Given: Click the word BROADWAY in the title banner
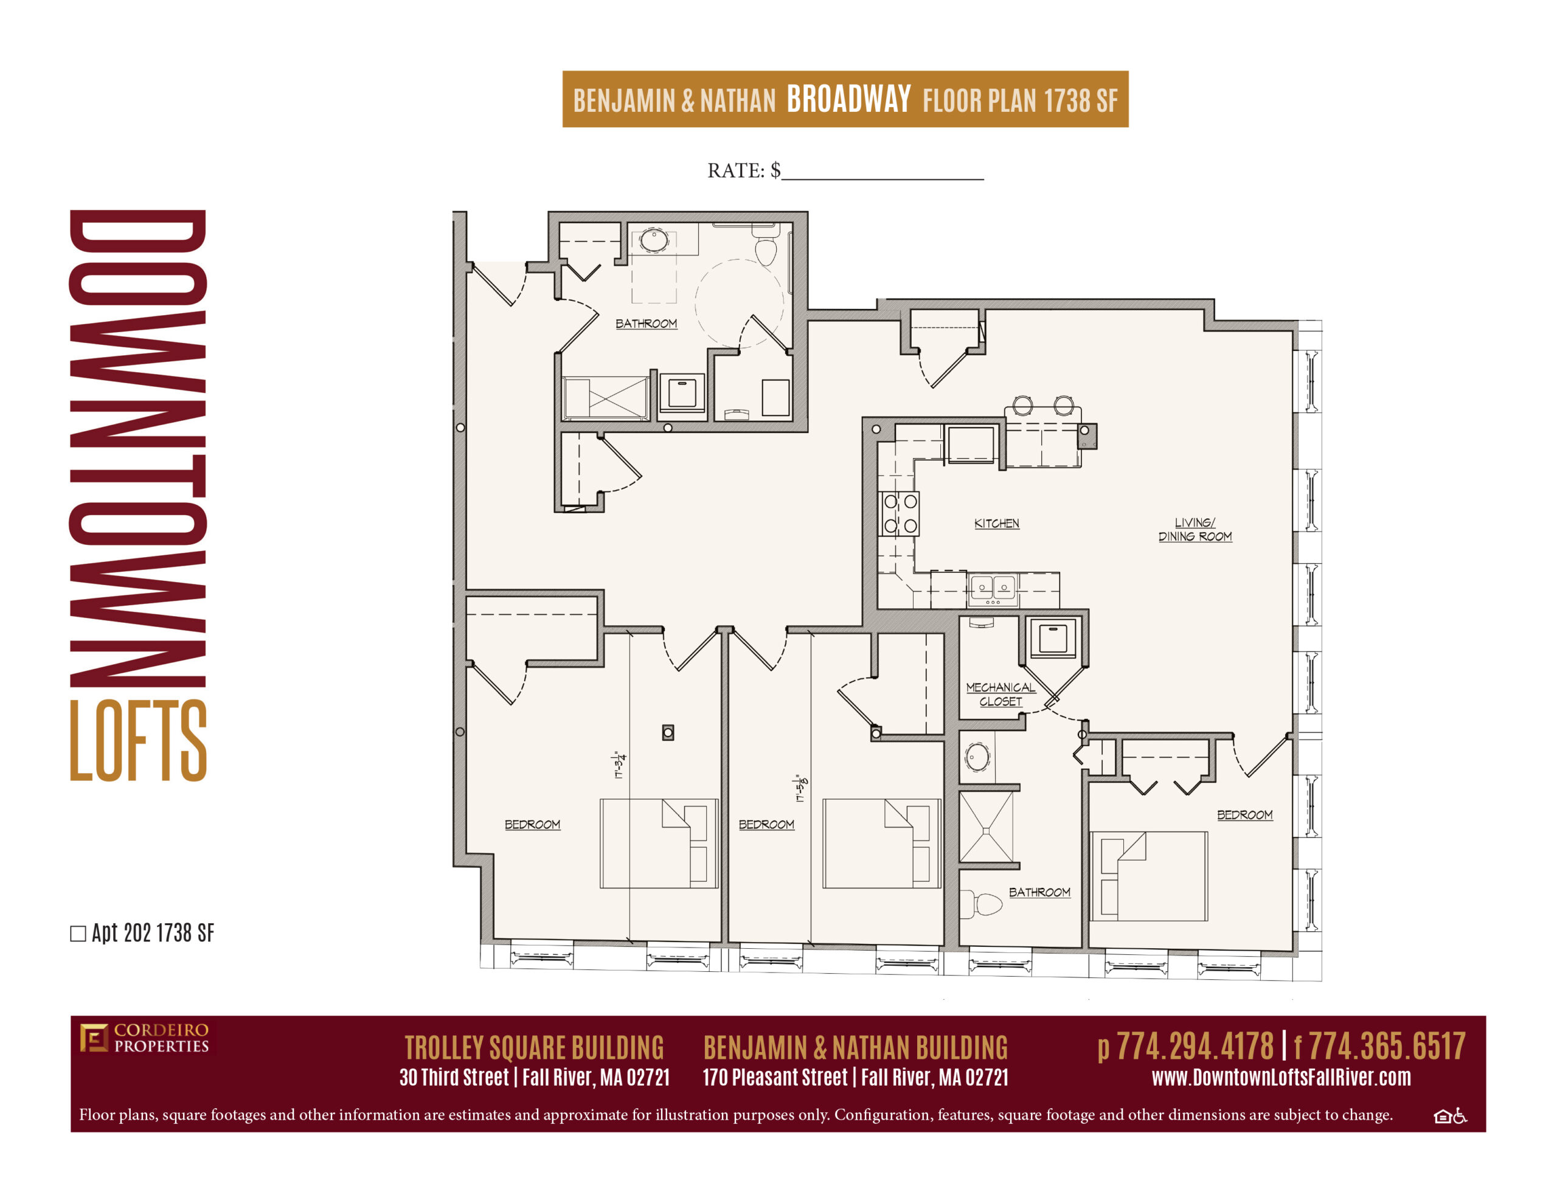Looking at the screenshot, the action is tap(848, 99).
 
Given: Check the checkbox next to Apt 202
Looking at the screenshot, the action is tap(78, 934).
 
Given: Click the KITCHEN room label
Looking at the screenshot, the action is tap(997, 524).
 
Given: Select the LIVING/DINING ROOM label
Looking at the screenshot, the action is tap(1195, 530).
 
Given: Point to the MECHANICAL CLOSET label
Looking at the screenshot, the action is tap(1000, 695).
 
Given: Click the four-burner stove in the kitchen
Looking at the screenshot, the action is tap(900, 513).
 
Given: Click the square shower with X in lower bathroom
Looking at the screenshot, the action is tap(986, 827).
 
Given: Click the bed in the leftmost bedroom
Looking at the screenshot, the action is tap(659, 844).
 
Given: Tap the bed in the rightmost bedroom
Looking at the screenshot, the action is tap(1148, 876).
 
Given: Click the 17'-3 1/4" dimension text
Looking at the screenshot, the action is tap(620, 766).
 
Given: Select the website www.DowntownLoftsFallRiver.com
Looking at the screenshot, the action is tap(1281, 1078).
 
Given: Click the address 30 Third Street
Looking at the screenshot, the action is tap(454, 1078).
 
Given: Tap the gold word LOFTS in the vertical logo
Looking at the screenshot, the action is tap(138, 740).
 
